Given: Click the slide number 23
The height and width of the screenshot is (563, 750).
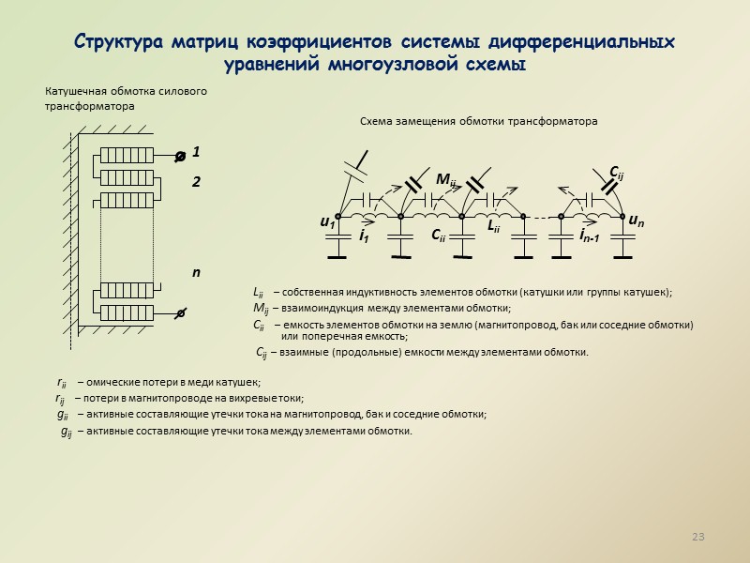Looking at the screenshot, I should (x=697, y=538).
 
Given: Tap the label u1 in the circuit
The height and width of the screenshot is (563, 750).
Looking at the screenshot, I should (x=327, y=223).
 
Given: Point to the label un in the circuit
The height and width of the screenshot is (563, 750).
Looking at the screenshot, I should (x=636, y=221).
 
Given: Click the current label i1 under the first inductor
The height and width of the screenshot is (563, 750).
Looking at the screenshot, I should (x=363, y=237).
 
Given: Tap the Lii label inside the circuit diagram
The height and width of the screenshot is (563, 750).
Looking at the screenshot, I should (x=495, y=226).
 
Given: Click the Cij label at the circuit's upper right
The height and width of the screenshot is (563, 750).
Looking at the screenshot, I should (x=617, y=172).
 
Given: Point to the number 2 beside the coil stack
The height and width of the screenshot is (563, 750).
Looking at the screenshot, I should (x=197, y=182).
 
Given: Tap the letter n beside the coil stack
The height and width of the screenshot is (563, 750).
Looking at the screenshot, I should (x=196, y=272).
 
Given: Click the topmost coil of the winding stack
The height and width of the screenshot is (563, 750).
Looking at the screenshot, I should (x=126, y=157).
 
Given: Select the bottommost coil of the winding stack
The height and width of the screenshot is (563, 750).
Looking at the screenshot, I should (x=126, y=312).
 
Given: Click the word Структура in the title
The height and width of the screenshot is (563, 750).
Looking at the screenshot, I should (x=118, y=43).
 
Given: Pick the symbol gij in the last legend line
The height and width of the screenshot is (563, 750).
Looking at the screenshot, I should (x=66, y=432).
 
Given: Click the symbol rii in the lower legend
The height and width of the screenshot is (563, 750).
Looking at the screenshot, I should (x=62, y=382).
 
